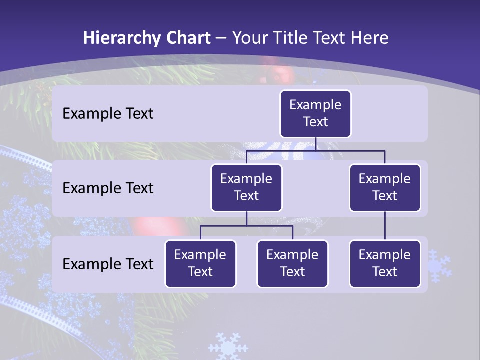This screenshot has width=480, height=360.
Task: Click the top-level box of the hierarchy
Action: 315,114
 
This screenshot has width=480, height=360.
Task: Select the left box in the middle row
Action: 246,188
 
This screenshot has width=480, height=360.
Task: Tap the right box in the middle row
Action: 385,188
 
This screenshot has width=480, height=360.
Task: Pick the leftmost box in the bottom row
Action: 200,264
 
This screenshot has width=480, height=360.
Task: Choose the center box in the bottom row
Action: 292,264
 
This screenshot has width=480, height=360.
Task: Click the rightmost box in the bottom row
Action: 385,264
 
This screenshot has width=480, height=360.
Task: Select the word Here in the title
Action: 370,38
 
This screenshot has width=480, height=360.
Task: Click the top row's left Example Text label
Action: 108,114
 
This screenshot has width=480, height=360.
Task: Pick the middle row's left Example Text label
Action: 108,188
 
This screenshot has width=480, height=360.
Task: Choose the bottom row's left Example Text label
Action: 108,264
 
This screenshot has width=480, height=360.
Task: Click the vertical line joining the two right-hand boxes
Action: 385,226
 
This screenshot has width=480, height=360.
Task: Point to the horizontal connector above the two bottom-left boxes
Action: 246,226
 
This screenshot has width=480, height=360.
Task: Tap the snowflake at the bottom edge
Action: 228,346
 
